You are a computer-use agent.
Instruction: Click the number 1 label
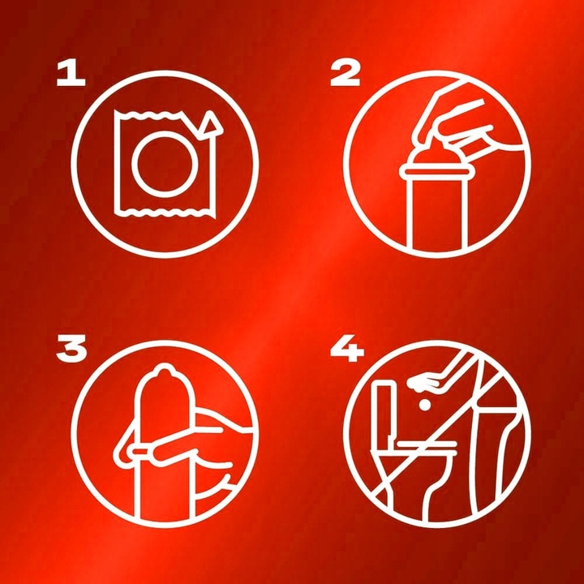(71, 74)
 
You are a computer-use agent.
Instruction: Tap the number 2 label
(346, 74)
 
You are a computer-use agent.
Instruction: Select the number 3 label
(71, 348)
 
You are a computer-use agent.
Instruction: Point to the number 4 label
(347, 349)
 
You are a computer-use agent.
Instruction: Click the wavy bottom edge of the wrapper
(165, 213)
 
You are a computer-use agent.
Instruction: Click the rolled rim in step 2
(433, 172)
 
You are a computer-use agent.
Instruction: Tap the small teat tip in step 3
(164, 370)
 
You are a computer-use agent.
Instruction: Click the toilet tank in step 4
(384, 411)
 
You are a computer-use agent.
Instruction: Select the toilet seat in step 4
(424, 444)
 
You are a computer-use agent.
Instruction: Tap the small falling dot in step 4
(424, 405)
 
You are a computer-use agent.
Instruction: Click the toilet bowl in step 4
(414, 473)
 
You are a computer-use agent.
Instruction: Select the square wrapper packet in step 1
(165, 164)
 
